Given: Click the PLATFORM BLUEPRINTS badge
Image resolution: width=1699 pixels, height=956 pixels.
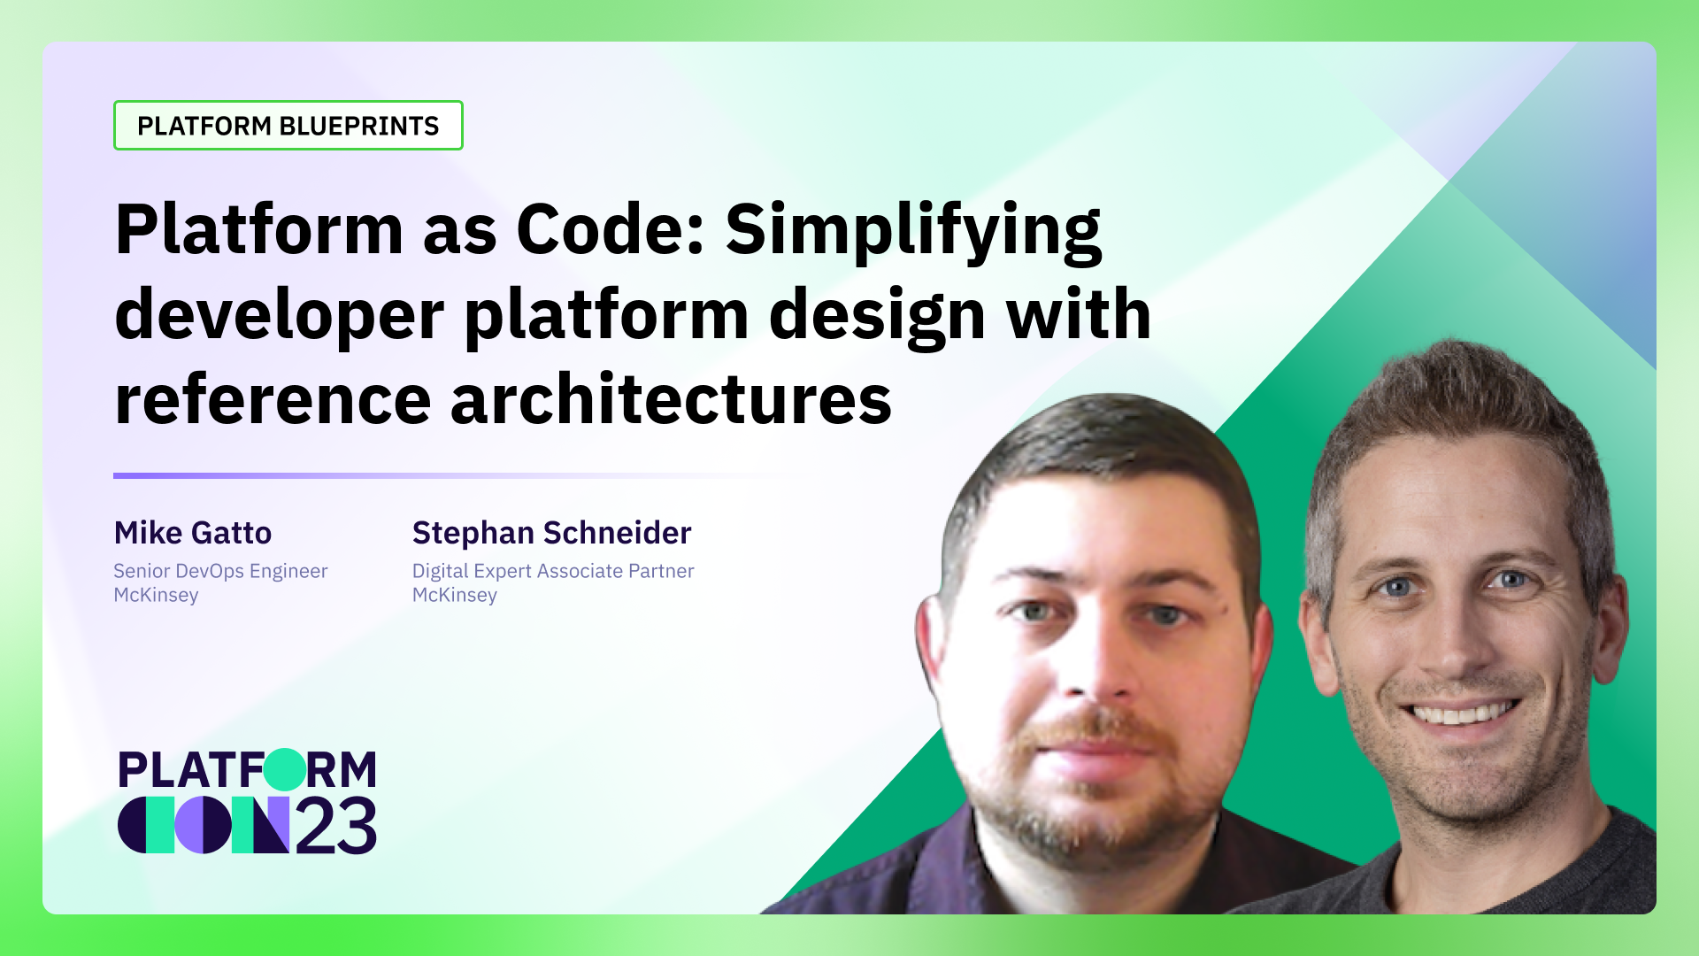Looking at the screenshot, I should tap(288, 126).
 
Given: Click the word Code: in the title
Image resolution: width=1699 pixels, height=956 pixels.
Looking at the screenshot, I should tap(609, 230).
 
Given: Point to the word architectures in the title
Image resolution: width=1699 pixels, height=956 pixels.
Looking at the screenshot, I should tap(671, 400).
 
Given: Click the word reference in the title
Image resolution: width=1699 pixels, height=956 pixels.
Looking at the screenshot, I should tap(273, 400).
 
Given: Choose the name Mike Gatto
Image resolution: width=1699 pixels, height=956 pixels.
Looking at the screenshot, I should tap(193, 533).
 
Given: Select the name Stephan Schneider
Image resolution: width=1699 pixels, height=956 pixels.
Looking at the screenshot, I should tap(551, 533).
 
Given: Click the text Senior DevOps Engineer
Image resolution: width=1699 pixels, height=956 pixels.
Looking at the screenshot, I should tap(220, 571).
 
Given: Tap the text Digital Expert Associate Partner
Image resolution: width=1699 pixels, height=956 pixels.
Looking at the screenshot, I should tap(553, 571).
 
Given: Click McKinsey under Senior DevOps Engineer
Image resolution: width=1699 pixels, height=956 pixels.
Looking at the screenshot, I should tap(156, 595).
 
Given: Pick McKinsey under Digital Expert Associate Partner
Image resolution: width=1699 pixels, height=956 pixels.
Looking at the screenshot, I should tap(455, 595).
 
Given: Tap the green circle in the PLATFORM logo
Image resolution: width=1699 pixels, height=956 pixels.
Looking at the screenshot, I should tap(285, 769).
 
